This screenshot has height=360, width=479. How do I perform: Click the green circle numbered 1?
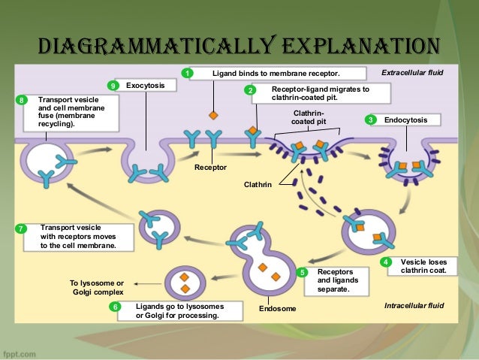tap(188, 73)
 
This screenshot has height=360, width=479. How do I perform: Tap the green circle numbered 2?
tap(251, 89)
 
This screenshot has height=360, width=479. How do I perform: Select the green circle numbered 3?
tap(370, 119)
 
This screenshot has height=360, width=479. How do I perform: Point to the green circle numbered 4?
tap(386, 262)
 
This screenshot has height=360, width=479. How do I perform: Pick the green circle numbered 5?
tap(303, 272)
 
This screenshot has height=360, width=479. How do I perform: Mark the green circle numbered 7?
tap(21, 228)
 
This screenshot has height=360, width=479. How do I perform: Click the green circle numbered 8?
tap(21, 99)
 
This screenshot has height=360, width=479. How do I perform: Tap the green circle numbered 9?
tap(113, 86)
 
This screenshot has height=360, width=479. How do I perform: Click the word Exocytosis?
tap(146, 86)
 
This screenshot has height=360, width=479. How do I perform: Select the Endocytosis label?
tap(406, 119)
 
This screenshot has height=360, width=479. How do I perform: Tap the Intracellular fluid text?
tap(414, 305)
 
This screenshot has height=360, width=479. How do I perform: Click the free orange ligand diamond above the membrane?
tap(214, 115)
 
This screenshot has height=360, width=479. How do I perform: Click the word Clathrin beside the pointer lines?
tap(259, 183)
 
